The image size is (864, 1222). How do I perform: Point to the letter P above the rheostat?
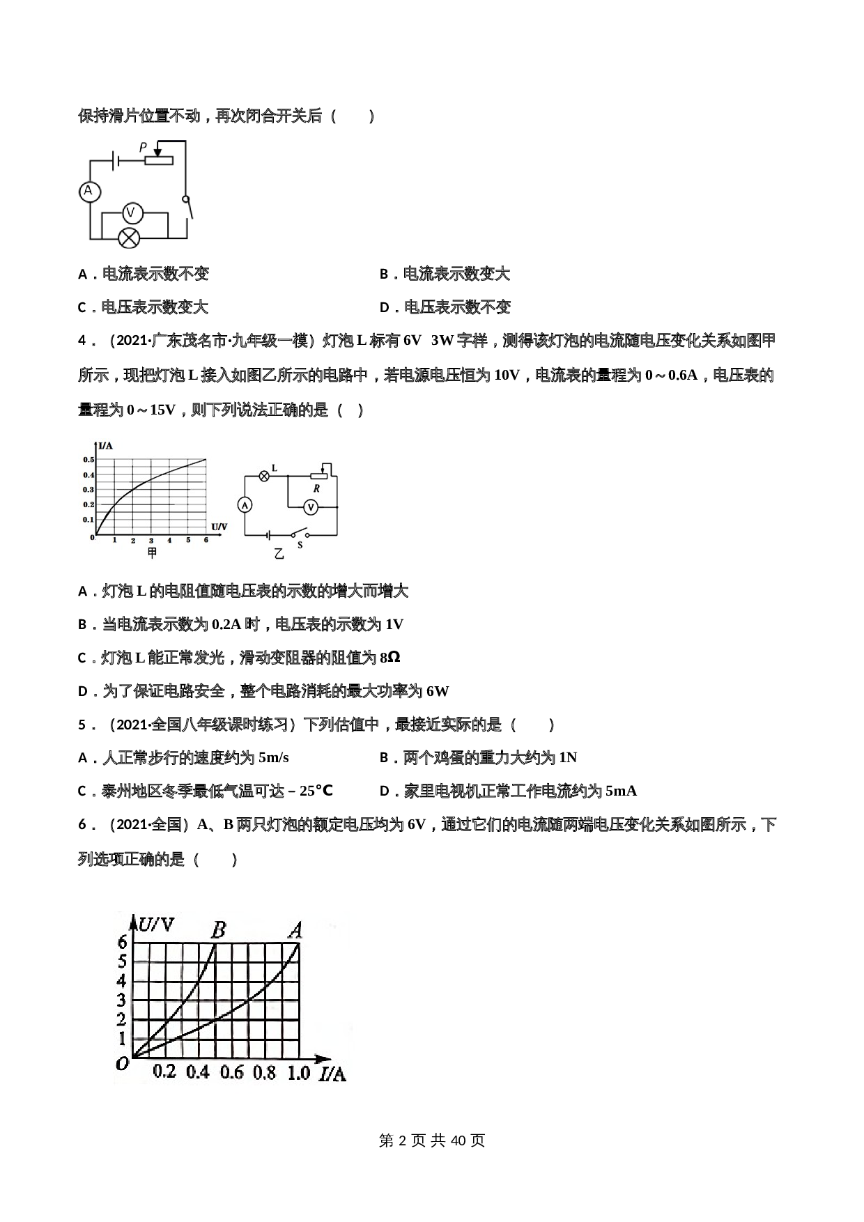pyautogui.click(x=143, y=147)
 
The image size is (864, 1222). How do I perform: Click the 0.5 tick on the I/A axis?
pyautogui.click(x=88, y=460)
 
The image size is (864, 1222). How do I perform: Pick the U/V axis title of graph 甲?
pyautogui.click(x=219, y=527)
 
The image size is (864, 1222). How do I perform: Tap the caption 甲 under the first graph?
pyautogui.click(x=153, y=553)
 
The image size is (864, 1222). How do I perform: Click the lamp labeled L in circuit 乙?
pyautogui.click(x=264, y=476)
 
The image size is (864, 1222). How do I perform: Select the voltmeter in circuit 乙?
pyautogui.click(x=311, y=507)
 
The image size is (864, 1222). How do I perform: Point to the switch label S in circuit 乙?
pyautogui.click(x=300, y=545)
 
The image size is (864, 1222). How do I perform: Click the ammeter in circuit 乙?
pyautogui.click(x=245, y=505)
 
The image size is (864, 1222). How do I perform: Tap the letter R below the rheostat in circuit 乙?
pyautogui.click(x=316, y=488)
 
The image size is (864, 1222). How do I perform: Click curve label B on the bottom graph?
pyautogui.click(x=218, y=930)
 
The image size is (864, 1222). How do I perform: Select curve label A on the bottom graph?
pyautogui.click(x=295, y=930)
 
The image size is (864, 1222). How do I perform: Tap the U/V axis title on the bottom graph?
pyautogui.click(x=157, y=925)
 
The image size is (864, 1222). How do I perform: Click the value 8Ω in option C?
pyautogui.click(x=390, y=658)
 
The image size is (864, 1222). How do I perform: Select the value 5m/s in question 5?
pyautogui.click(x=273, y=757)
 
